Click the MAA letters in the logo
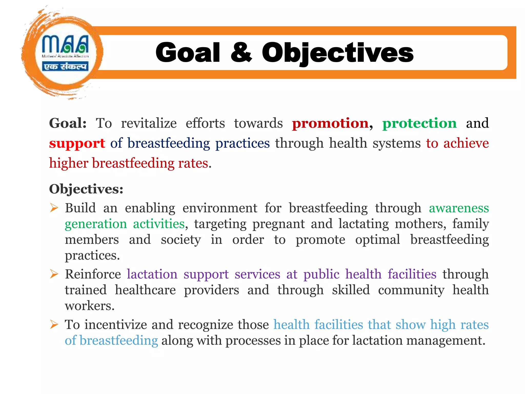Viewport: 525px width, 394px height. click(65, 44)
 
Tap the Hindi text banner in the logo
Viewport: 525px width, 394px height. click(65, 66)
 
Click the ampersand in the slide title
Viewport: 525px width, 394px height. click(241, 52)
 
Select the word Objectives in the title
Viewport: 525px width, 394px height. click(337, 53)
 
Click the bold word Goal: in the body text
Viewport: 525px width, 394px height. click(68, 123)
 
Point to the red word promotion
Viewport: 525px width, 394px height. click(330, 123)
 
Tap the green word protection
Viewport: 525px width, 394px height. click(419, 123)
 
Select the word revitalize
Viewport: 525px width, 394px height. click(149, 123)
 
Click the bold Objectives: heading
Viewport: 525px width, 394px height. click(86, 189)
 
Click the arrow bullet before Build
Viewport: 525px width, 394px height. click(54, 208)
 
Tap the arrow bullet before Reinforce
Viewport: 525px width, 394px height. click(54, 274)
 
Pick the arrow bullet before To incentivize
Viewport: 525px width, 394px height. click(54, 324)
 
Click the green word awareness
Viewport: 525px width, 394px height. click(459, 208)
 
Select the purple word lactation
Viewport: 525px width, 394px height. click(152, 274)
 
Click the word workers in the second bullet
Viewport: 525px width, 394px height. click(89, 306)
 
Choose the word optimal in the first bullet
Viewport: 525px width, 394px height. click(377, 240)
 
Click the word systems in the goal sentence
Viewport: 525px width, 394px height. click(396, 143)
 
